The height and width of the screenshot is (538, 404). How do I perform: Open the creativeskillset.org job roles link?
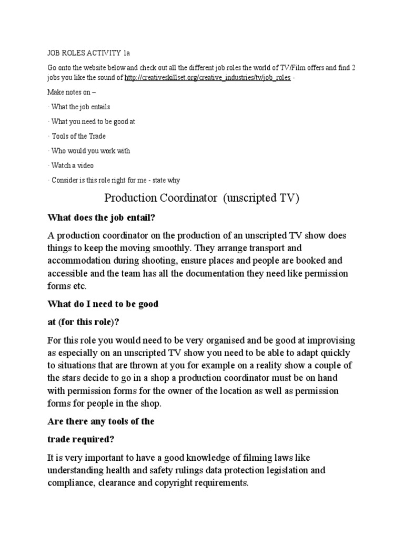click(x=207, y=78)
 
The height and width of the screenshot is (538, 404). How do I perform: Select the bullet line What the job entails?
click(x=80, y=107)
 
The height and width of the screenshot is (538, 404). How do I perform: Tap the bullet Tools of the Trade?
click(x=78, y=136)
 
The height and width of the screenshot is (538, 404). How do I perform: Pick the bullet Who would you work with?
click(x=90, y=151)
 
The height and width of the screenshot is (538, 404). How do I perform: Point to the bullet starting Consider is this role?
click(x=116, y=180)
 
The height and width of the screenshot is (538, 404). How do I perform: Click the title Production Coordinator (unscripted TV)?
click(x=201, y=198)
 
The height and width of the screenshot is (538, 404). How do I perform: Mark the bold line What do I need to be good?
click(x=103, y=304)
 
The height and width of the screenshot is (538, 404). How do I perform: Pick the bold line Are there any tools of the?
click(x=101, y=421)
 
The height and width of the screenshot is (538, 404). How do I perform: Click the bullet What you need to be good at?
click(x=93, y=121)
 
